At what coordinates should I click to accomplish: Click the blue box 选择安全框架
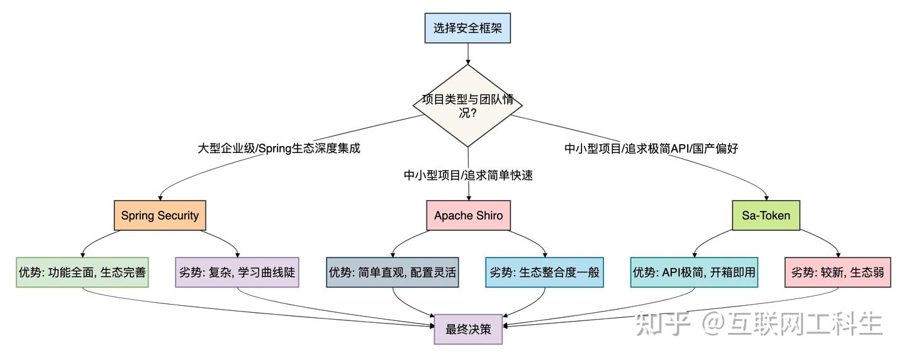point(467,28)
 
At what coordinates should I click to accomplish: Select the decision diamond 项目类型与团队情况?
point(467,106)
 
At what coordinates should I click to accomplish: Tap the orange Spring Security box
point(160,215)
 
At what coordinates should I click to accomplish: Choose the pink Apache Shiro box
point(468,215)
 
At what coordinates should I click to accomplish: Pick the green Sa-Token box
point(766,215)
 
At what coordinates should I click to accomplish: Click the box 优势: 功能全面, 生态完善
point(82,273)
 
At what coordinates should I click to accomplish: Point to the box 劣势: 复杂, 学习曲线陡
point(237,273)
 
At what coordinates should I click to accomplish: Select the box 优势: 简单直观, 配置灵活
point(393,273)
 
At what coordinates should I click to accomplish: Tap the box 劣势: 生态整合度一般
point(544,273)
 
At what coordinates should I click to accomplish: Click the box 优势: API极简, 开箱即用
point(694,273)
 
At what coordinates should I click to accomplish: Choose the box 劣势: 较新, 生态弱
point(837,273)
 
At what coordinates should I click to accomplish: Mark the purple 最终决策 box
point(468,329)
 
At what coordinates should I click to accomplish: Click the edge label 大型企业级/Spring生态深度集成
point(279,149)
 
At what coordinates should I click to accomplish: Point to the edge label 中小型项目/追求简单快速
point(468,175)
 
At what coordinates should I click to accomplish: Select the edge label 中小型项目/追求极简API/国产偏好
point(651,149)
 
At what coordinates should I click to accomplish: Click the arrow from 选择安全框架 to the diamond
point(468,53)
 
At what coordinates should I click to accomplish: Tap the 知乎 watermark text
point(663,323)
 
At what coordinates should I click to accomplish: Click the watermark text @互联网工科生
point(791,323)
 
